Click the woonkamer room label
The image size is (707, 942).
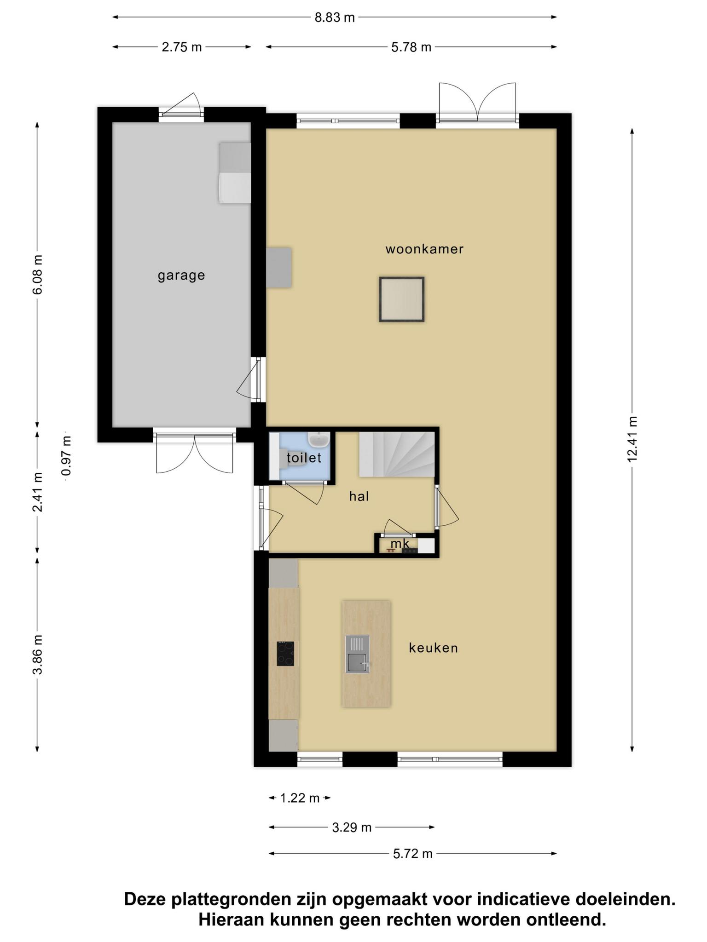424,249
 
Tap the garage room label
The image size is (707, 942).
181,276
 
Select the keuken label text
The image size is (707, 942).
434,648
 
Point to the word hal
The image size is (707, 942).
359,496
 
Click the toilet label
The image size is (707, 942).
304,458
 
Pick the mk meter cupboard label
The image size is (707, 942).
400,544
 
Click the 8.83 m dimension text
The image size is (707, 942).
335,17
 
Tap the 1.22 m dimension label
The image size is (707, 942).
300,798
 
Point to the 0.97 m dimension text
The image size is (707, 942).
67,456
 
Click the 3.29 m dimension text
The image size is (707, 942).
352,827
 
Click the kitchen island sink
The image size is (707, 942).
358,654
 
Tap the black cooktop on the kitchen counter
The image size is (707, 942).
285,654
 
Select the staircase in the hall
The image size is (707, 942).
397,454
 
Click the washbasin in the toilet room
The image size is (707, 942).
319,440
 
